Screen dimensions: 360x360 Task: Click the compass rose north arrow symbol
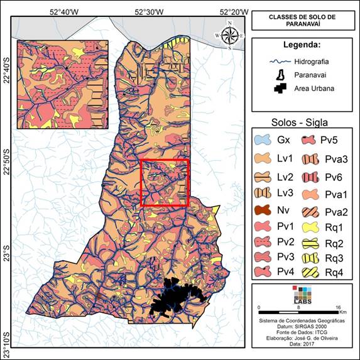[x=230, y=36]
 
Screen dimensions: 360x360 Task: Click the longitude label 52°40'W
[x=63, y=11]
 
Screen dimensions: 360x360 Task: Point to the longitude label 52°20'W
[x=233, y=11]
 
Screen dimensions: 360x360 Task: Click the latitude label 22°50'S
[x=7, y=161]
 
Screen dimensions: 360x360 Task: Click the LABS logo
[x=303, y=296]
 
